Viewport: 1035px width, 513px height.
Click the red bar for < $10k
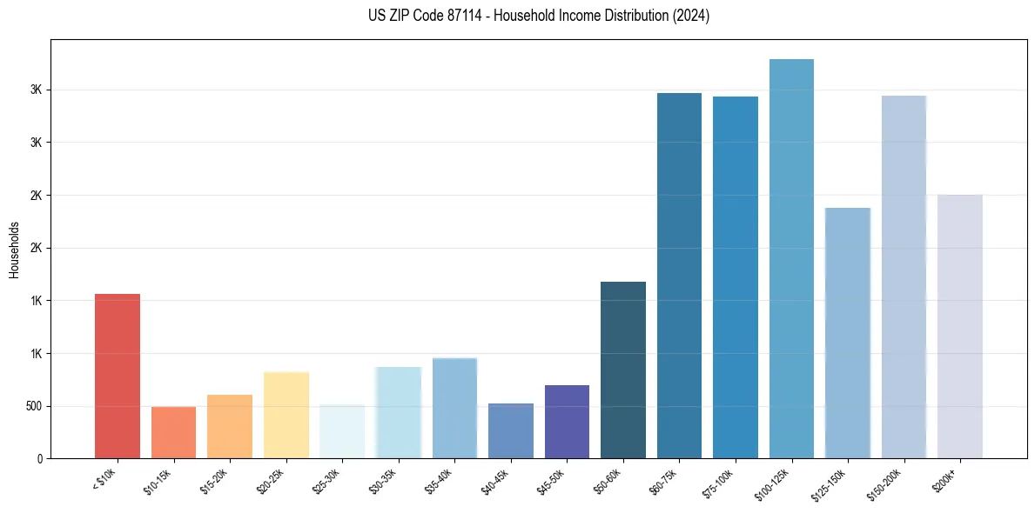118,376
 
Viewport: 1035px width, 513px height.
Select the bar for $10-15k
173,432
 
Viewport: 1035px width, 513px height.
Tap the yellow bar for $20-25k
286,415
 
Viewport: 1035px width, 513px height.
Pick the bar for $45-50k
567,422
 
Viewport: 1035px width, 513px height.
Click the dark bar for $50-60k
623,370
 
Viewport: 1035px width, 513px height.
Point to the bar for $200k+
959,326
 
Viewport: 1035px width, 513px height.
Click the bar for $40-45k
510,430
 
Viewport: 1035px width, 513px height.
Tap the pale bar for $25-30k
342,431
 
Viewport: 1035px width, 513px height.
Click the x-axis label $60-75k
661,479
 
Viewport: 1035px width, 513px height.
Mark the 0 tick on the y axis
40,458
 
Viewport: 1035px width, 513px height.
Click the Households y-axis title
14,249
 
